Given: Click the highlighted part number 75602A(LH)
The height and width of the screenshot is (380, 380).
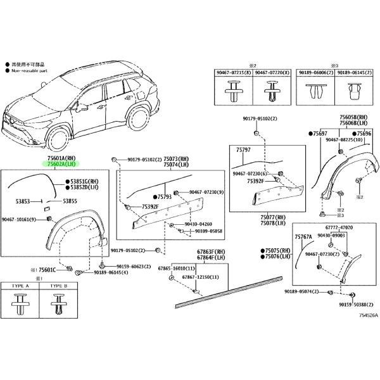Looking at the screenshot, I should tap(60, 164).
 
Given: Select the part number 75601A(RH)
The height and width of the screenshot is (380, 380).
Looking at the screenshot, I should tap(60, 158).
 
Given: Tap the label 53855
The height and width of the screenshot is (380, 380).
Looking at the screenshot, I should tap(70, 201).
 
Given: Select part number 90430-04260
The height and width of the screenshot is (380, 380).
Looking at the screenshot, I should tap(199, 224).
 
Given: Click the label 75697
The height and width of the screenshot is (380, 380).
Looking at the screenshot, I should tap(318, 134).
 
